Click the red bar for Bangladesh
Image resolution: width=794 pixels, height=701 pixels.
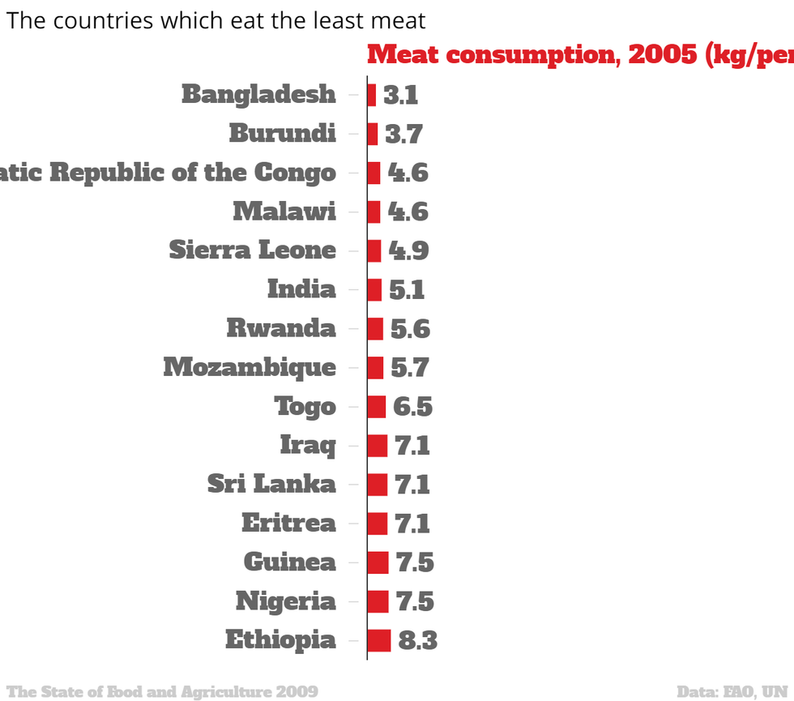pyautogui.click(x=371, y=95)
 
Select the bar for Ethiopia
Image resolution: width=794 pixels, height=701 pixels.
pyautogui.click(x=378, y=640)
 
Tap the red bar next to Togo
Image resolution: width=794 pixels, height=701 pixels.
pyautogui.click(x=376, y=406)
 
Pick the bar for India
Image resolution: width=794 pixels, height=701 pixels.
pyautogui.click(x=374, y=289)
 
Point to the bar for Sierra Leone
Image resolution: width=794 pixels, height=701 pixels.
pyautogui.click(x=374, y=250)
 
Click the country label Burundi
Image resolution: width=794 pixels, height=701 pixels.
pyautogui.click(x=282, y=133)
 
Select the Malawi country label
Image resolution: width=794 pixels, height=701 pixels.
pyautogui.click(x=284, y=212)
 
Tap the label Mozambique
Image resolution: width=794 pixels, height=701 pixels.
pyautogui.click(x=250, y=367)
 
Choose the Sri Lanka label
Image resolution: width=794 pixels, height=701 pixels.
pyautogui.click(x=271, y=485)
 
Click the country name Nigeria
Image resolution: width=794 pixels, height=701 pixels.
pyautogui.click(x=285, y=601)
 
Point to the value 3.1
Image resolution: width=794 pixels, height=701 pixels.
pyautogui.click(x=400, y=96)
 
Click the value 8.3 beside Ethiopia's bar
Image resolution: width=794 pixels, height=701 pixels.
pyautogui.click(x=417, y=641)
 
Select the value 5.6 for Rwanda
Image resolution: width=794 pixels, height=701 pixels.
pyautogui.click(x=410, y=329)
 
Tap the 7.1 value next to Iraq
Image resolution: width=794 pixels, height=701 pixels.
pyautogui.click(x=412, y=446)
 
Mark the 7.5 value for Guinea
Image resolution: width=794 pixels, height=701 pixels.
pyautogui.click(x=413, y=562)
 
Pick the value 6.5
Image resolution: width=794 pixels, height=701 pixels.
pyautogui.click(x=412, y=407)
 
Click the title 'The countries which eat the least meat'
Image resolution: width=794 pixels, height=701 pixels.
pyautogui.click(x=216, y=20)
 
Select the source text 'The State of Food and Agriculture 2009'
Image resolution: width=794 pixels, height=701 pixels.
pyautogui.click(x=162, y=691)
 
